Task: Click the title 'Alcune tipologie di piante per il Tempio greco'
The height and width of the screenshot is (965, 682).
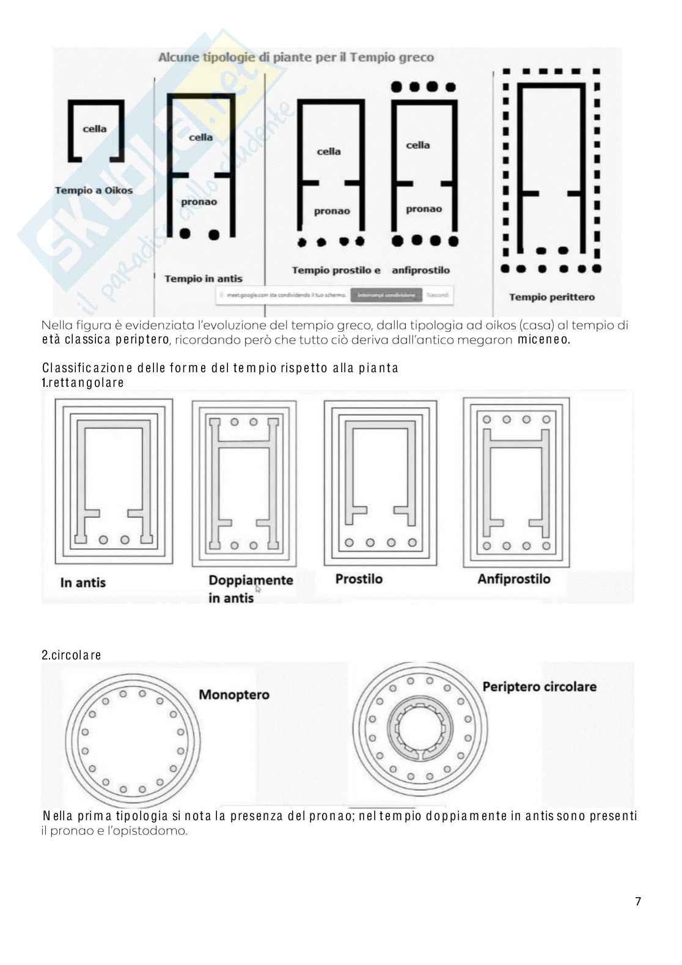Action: [x=296, y=57]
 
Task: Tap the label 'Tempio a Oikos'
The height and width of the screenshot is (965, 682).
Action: [x=94, y=190]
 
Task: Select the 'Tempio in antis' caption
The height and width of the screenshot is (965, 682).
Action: [x=203, y=279]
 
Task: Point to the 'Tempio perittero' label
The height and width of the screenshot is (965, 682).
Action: [x=551, y=297]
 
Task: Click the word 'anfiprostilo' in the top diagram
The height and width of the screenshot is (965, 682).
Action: [x=420, y=270]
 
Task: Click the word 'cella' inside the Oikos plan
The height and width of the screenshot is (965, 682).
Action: [x=95, y=129]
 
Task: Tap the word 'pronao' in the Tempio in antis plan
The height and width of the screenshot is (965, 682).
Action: [x=199, y=202]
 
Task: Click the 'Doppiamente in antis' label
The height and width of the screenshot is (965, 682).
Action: [x=251, y=588]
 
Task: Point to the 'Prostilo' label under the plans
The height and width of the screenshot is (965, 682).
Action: [x=359, y=579]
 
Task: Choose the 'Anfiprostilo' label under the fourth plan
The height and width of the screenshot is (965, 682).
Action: [x=513, y=579]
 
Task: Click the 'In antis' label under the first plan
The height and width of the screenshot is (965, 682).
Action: [x=83, y=582]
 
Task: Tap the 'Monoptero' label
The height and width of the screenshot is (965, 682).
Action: [x=233, y=694]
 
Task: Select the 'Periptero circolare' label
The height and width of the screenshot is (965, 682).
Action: [x=539, y=686]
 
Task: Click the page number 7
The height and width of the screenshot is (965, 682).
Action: [x=638, y=901]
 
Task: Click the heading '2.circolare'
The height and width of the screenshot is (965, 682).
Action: [x=71, y=655]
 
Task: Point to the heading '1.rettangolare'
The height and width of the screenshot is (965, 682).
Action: [x=82, y=383]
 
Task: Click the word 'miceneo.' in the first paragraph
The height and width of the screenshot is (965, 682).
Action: [x=543, y=340]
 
